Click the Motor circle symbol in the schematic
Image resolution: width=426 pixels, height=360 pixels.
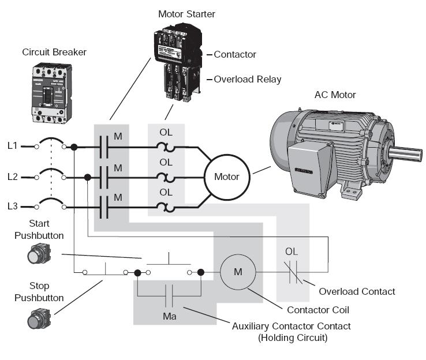[x=226, y=177]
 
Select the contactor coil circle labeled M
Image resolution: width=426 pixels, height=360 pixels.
[x=238, y=271]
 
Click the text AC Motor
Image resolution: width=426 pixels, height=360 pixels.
[x=335, y=95]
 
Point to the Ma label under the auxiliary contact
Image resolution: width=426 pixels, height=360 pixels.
[x=169, y=316]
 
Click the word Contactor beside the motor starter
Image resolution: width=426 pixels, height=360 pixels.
[x=235, y=55]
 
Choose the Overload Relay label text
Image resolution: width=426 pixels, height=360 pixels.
[x=248, y=79]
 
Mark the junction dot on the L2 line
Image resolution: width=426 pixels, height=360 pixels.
[x=87, y=177]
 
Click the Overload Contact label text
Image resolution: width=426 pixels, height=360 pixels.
[x=357, y=291]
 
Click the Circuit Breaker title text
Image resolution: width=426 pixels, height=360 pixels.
[x=54, y=52]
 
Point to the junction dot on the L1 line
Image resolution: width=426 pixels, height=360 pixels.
[x=74, y=147]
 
